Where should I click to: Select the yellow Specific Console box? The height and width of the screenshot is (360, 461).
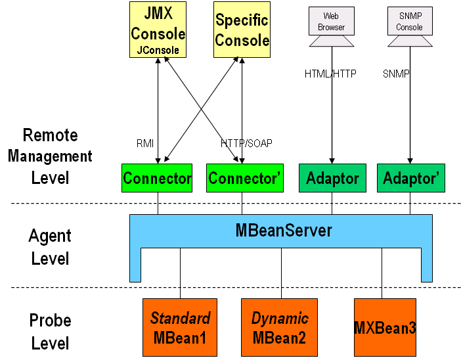click(242, 30)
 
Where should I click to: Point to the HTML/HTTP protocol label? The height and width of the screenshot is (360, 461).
click(330, 74)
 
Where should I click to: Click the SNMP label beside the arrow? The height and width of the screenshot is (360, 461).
click(396, 74)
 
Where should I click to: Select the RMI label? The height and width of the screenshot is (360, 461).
click(144, 143)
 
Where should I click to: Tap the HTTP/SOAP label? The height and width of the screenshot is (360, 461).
click(246, 143)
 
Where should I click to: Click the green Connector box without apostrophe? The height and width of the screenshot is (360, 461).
click(157, 178)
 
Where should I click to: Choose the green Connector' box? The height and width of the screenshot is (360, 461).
click(242, 178)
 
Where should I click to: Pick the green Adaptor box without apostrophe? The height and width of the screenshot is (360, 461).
click(333, 178)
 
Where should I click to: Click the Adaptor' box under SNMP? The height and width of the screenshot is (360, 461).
click(410, 178)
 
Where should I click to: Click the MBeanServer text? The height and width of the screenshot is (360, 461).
click(284, 231)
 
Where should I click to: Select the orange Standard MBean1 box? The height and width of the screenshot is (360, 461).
click(180, 328)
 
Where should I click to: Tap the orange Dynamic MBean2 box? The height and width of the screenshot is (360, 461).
click(280, 328)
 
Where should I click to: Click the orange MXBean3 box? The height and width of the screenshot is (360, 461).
click(385, 328)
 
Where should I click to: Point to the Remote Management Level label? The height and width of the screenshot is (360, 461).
click(50, 156)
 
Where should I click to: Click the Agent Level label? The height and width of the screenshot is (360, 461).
click(50, 246)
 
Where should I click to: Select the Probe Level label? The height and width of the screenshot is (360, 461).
click(50, 332)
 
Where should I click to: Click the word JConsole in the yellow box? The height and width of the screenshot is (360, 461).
click(158, 49)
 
